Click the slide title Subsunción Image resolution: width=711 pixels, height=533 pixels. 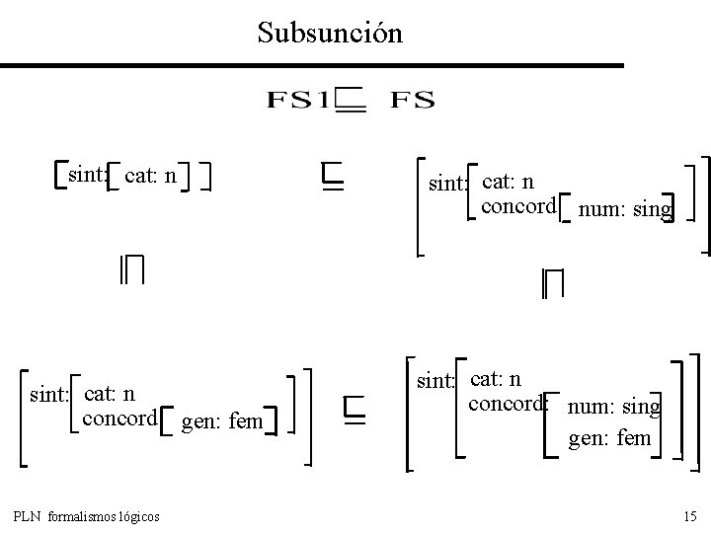(x=330, y=33)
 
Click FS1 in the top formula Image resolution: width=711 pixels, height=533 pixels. (x=296, y=100)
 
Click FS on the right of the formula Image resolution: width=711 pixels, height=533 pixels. (x=413, y=100)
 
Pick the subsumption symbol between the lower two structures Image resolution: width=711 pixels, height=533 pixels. (x=355, y=410)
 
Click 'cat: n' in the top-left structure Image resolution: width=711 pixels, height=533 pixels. (x=150, y=177)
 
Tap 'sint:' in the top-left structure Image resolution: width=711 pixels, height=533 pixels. (x=86, y=176)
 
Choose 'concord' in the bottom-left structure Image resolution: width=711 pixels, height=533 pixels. (x=120, y=419)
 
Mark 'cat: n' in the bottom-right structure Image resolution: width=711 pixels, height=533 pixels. (x=496, y=378)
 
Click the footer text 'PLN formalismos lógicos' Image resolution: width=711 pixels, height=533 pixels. (x=89, y=516)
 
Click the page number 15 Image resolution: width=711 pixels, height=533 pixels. (x=689, y=516)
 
